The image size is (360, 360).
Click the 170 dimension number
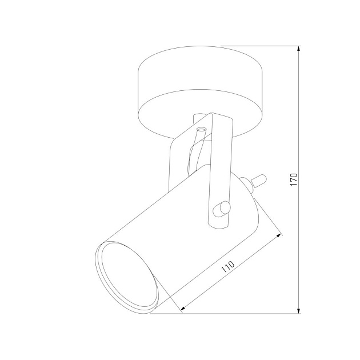tap(294, 179)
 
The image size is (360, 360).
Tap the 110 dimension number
tap(228, 266)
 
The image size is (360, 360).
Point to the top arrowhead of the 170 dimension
tap(298, 49)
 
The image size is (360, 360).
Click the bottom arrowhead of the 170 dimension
tap(298, 311)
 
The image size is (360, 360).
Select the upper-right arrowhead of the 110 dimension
tap(279, 235)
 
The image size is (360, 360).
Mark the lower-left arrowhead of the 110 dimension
tap(183, 309)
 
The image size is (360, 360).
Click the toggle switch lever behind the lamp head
tap(259, 179)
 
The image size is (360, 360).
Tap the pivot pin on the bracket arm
tap(222, 209)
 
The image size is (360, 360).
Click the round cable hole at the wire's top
tap(201, 129)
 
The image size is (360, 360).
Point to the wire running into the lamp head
tap(195, 151)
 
